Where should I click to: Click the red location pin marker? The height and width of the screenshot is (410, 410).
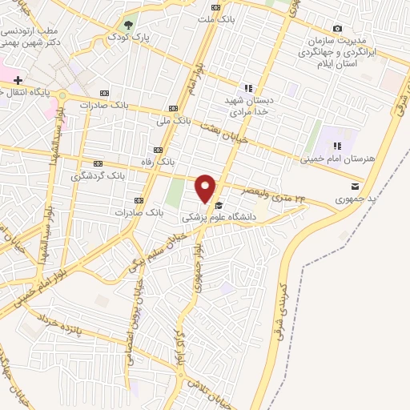(206, 189)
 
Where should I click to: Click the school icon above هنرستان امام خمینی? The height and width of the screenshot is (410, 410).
(338, 146)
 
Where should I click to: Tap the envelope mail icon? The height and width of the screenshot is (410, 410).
(354, 186)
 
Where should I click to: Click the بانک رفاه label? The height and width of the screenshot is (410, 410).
(158, 162)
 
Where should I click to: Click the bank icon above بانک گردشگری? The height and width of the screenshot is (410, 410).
(98, 163)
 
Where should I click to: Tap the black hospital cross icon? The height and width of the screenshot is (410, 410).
(18, 80)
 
